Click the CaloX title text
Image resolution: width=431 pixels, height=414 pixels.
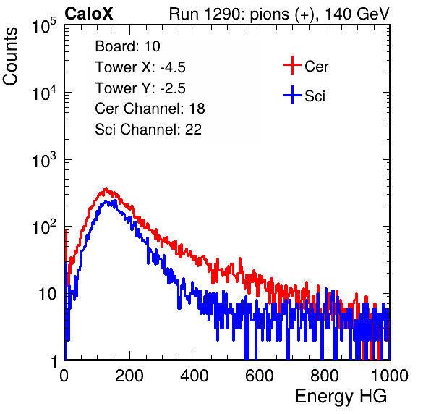(x=88, y=13)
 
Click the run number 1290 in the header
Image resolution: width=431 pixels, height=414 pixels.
(x=223, y=14)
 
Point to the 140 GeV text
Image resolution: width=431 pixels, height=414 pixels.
(x=357, y=14)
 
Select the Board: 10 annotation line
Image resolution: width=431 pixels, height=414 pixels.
(x=127, y=46)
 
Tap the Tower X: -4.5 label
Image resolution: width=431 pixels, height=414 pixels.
(x=140, y=67)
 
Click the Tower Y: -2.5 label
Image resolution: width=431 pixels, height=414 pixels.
(x=140, y=88)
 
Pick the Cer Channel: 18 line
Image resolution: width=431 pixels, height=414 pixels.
(x=150, y=108)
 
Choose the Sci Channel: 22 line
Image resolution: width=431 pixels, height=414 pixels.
(x=148, y=129)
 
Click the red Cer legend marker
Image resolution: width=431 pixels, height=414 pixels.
(x=292, y=65)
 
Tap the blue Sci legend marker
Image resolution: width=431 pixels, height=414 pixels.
(x=292, y=95)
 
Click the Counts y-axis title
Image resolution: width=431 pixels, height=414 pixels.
(x=10, y=56)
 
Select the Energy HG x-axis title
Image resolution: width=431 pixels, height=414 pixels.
(x=341, y=396)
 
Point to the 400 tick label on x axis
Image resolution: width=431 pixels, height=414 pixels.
(x=195, y=375)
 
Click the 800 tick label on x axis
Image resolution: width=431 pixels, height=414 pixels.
(x=325, y=375)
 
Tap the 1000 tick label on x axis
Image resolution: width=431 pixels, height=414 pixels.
(x=390, y=375)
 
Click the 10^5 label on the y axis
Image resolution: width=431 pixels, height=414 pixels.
(x=44, y=26)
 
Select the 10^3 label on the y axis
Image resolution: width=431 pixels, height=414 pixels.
(x=44, y=160)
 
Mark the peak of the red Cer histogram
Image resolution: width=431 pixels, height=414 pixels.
(x=106, y=189)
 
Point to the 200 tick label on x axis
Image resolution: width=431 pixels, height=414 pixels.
(x=129, y=375)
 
